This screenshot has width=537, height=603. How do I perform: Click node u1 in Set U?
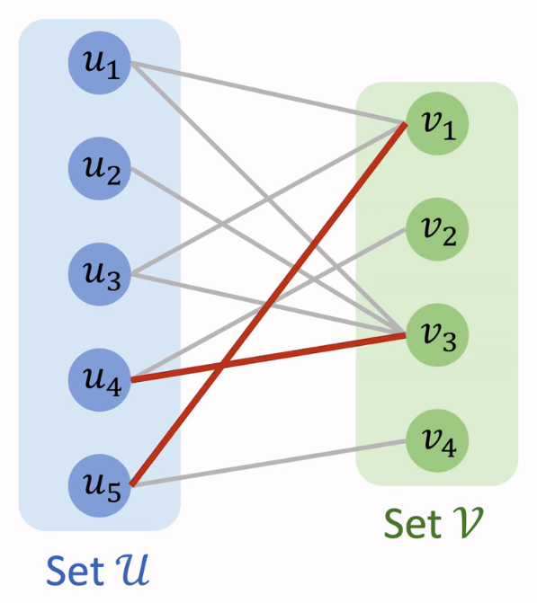click(x=100, y=63)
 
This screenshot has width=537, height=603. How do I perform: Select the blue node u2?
click(x=100, y=168)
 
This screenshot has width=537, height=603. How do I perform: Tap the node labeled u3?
click(x=100, y=274)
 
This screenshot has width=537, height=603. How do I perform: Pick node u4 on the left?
click(x=100, y=380)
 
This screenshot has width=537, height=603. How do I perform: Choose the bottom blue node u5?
click(x=100, y=485)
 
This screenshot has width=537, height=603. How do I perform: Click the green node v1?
click(x=437, y=123)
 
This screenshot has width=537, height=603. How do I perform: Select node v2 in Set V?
click(x=437, y=229)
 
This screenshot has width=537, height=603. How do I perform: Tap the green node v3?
click(x=437, y=335)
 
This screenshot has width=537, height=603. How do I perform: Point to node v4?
click(x=437, y=440)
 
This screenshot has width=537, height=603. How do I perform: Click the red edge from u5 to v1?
click(x=269, y=305)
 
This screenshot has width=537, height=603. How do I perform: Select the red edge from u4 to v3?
click(x=269, y=358)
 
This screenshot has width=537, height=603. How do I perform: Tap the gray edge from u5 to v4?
click(x=269, y=464)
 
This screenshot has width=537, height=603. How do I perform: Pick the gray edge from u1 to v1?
click(x=269, y=93)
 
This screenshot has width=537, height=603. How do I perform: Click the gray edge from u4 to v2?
click(x=269, y=305)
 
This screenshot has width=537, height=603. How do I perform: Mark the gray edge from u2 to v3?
click(x=269, y=252)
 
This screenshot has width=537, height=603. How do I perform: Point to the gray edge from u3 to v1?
click(x=269, y=199)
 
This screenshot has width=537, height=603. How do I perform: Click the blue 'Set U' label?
click(x=97, y=571)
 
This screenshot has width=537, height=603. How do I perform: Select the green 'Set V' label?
click(x=433, y=523)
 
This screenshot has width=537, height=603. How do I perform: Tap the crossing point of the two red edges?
click(x=220, y=367)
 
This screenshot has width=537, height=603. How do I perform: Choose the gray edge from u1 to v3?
click(x=269, y=199)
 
